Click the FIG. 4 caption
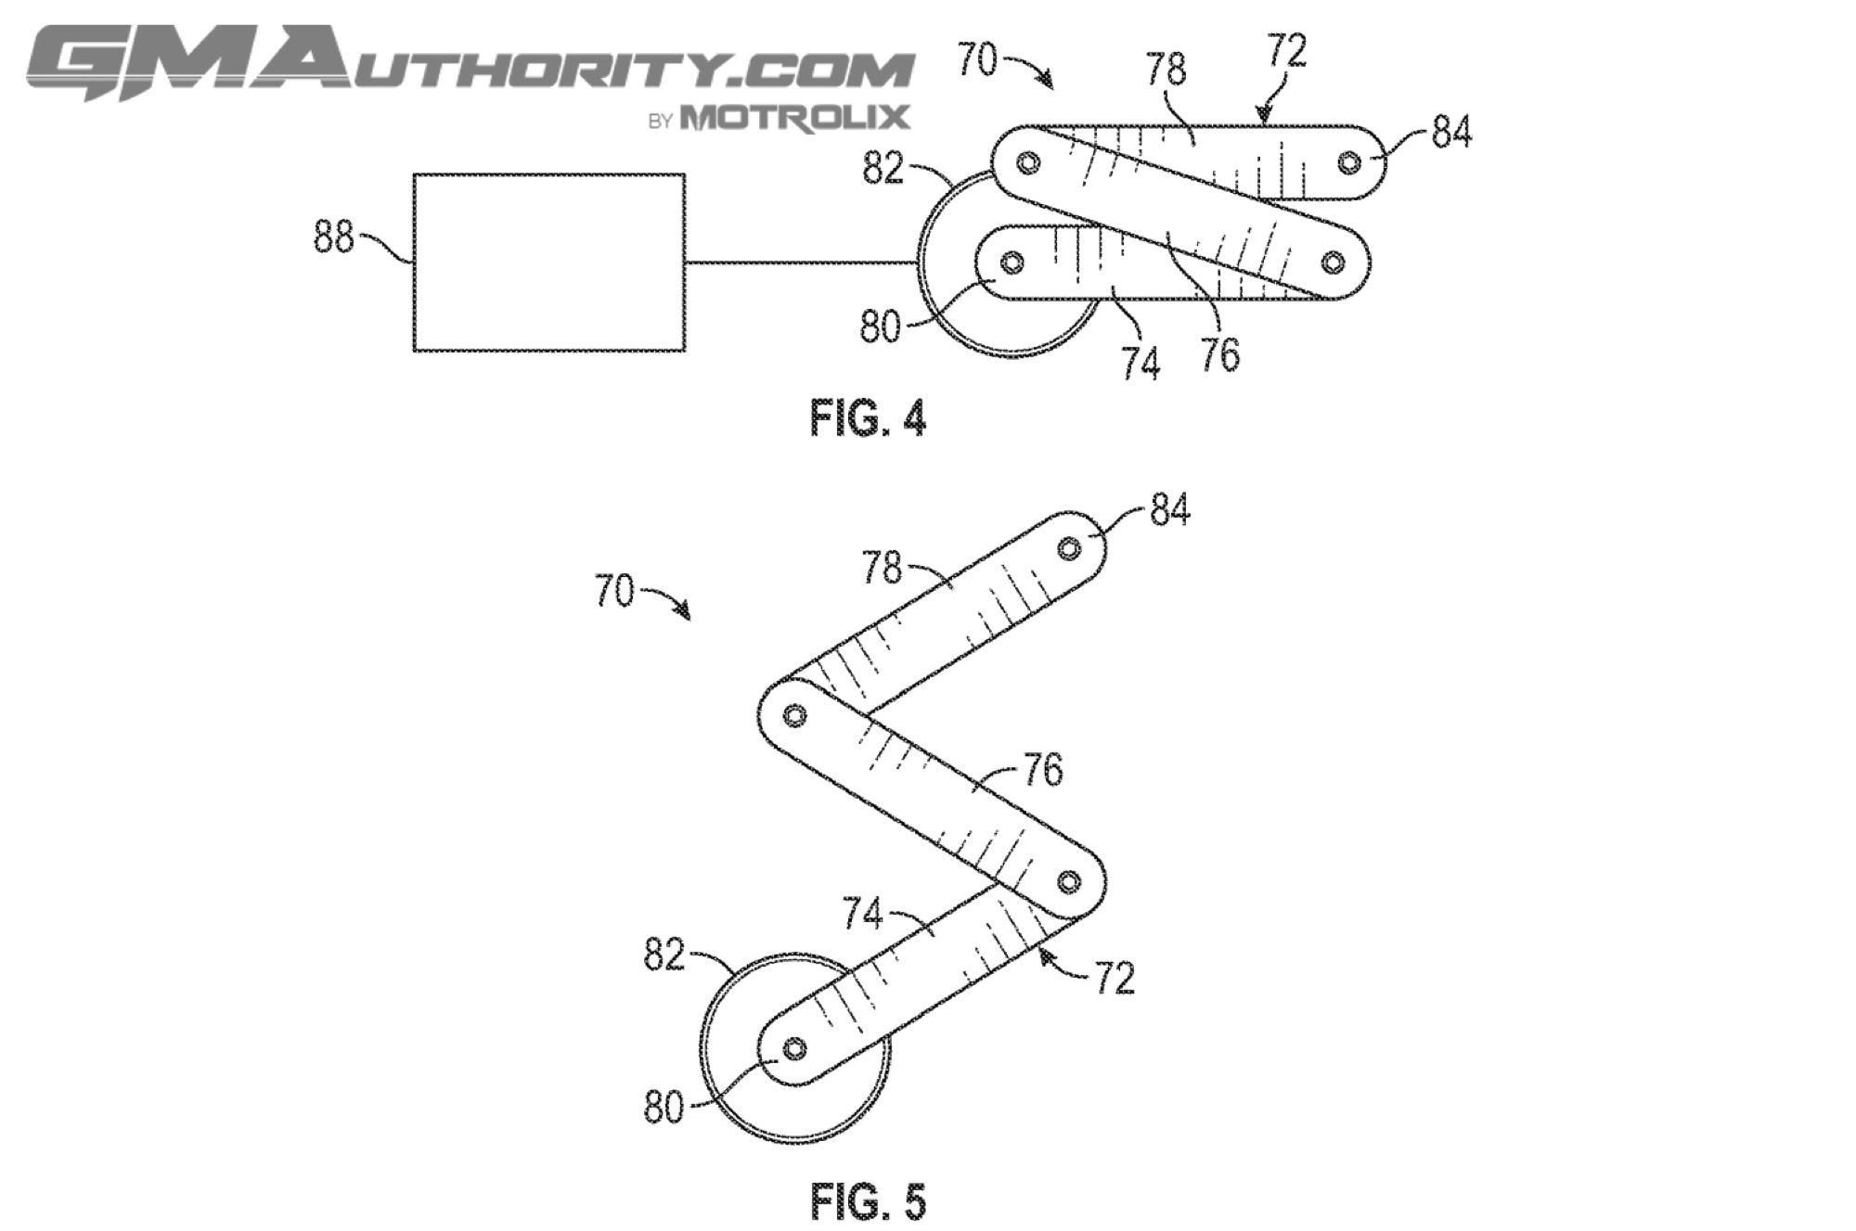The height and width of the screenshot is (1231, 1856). click(869, 417)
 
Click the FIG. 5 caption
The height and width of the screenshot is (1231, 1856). click(869, 1202)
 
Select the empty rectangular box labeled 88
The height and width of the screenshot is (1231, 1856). click(549, 263)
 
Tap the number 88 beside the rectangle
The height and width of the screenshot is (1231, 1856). click(334, 237)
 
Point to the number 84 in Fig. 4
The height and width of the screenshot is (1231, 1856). click(1451, 133)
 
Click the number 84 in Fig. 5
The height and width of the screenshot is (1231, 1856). click(1169, 509)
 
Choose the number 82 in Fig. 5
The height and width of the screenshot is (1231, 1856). click(664, 955)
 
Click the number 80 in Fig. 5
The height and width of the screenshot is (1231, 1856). click(664, 1107)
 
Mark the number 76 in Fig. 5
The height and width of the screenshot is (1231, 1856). click(1043, 769)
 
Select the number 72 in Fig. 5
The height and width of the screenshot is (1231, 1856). click(1115, 978)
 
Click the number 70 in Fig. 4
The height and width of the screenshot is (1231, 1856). click(977, 59)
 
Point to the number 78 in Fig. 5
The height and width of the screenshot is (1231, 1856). click(882, 568)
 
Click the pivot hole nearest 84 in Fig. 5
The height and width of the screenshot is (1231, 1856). click(1069, 549)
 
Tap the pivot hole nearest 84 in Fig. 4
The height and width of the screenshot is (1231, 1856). click(1348, 163)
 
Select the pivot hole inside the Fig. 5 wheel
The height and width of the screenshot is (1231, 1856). click(794, 1049)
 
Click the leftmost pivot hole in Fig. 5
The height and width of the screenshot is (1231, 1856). click(794, 715)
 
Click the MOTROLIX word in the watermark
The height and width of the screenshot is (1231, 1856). click(794, 118)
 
